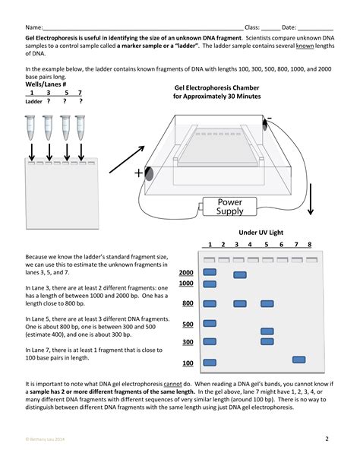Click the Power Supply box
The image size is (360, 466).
coord(229,207)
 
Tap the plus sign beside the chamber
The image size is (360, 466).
coord(138,173)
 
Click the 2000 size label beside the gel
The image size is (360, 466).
coord(186,272)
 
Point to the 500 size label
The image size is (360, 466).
coord(188,324)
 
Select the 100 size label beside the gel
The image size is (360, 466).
coord(188,363)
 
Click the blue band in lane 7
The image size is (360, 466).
coord(298,360)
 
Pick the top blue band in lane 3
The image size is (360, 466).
coord(240,275)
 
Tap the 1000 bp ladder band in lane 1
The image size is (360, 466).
coord(210,284)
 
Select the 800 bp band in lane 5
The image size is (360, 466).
coord(267,303)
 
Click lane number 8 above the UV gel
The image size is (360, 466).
coord(310,244)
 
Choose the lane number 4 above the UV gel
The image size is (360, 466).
coord(250,244)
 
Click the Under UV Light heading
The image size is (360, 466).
coord(261,233)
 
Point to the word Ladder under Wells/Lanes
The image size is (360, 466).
coord(33,101)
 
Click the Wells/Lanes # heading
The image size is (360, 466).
coord(46,84)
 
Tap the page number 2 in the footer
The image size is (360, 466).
coord(327,439)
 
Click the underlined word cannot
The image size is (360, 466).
coord(172,384)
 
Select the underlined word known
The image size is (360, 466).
coord(305,46)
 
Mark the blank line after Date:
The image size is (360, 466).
coord(315,30)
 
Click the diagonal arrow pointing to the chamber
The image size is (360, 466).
coord(127,160)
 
